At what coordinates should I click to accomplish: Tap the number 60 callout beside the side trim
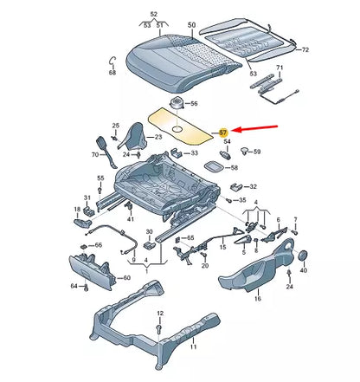coord(127,278)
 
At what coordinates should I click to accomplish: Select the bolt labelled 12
coord(159,313)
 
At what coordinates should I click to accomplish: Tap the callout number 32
coord(253,185)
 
